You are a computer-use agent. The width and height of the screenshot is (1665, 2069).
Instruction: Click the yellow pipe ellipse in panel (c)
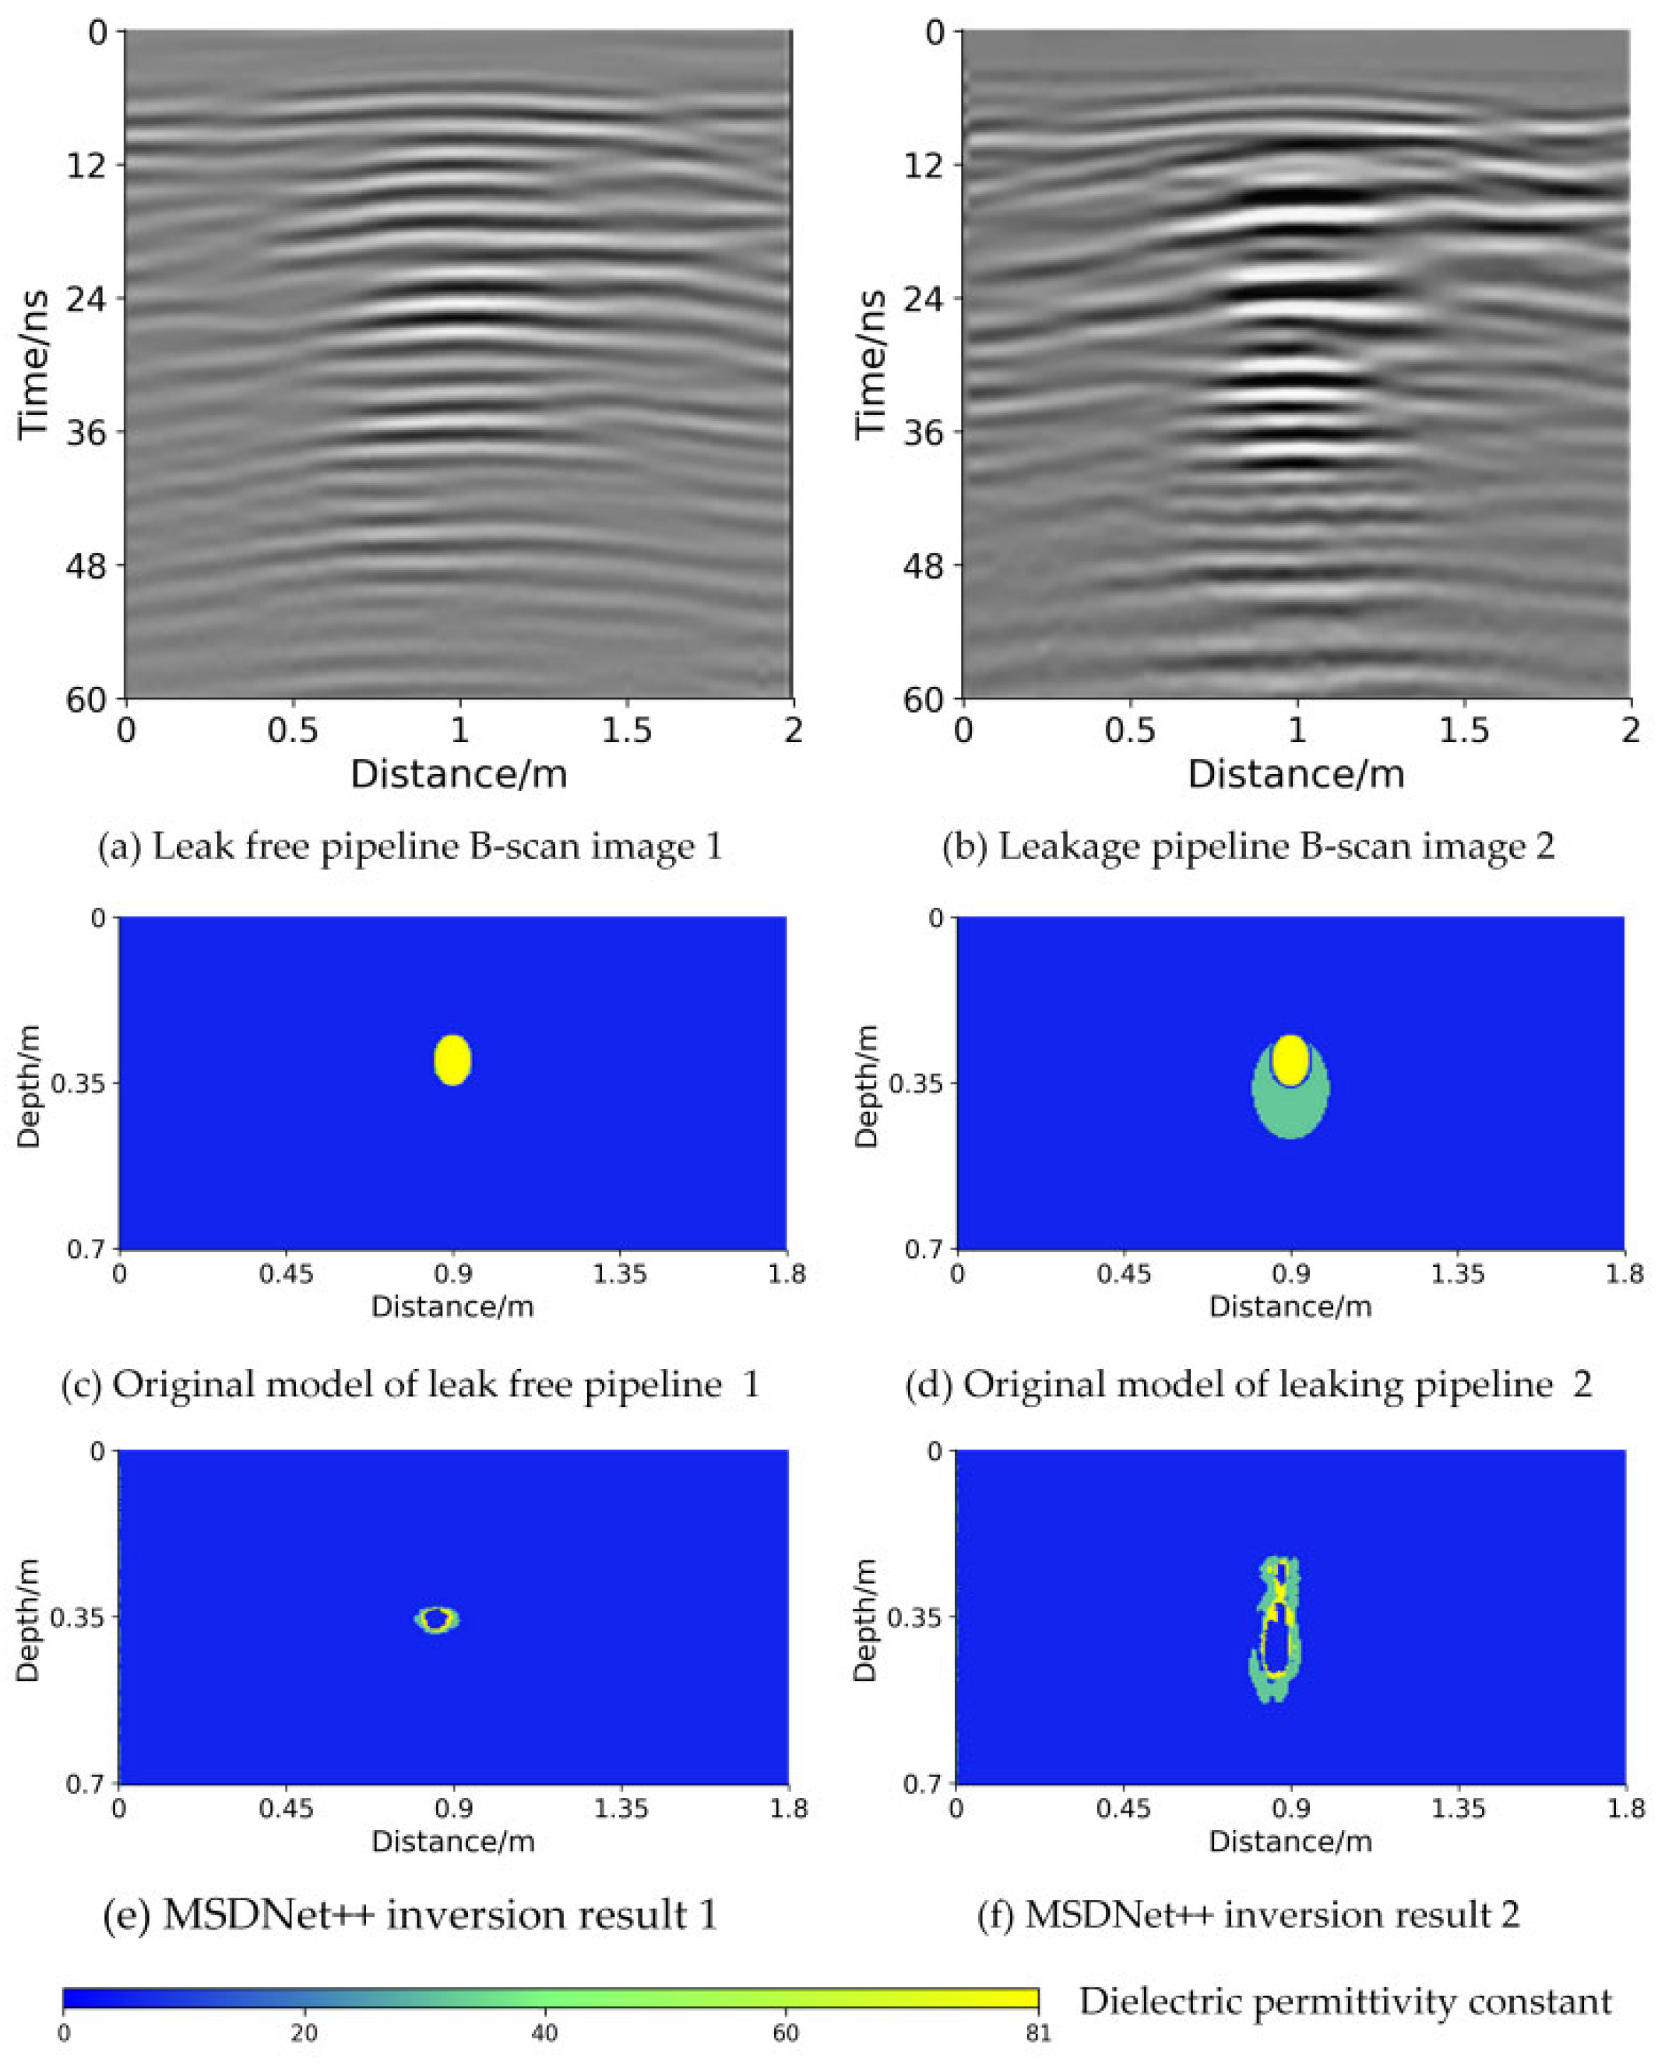point(452,1060)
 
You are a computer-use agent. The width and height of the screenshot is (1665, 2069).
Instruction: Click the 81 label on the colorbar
point(1037,2033)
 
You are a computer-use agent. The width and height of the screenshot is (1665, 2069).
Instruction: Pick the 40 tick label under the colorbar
point(544,2033)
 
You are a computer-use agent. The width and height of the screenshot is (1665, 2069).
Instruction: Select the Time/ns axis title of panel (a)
point(34,364)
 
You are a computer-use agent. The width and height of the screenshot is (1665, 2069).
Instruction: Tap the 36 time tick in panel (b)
point(922,432)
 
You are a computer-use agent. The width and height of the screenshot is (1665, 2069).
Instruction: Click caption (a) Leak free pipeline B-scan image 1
point(410,846)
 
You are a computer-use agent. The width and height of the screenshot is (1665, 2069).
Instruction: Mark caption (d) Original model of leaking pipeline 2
point(1248,1384)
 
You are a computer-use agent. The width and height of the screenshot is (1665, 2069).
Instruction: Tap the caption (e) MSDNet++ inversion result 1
point(410,1915)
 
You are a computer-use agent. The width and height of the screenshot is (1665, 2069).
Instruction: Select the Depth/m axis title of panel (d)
point(867,1086)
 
